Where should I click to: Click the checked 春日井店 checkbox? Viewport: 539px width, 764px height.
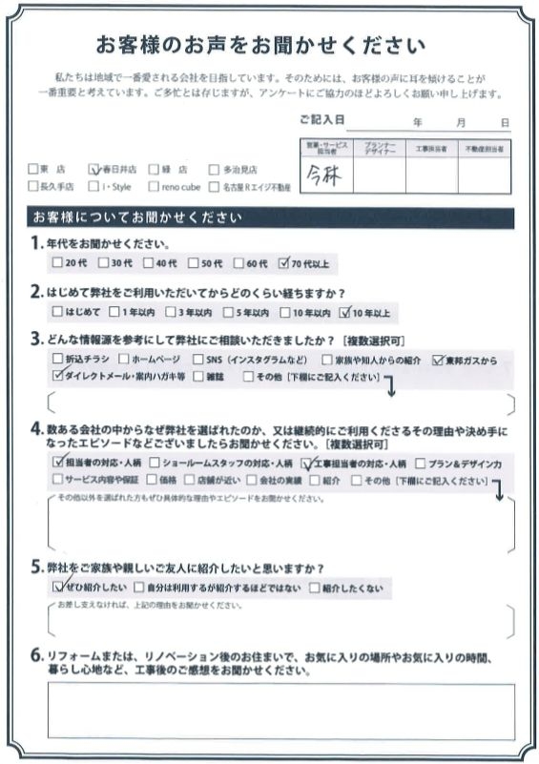point(93,169)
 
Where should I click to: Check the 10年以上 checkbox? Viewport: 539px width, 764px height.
point(344,311)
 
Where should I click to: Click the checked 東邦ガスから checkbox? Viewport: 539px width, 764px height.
point(438,361)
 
